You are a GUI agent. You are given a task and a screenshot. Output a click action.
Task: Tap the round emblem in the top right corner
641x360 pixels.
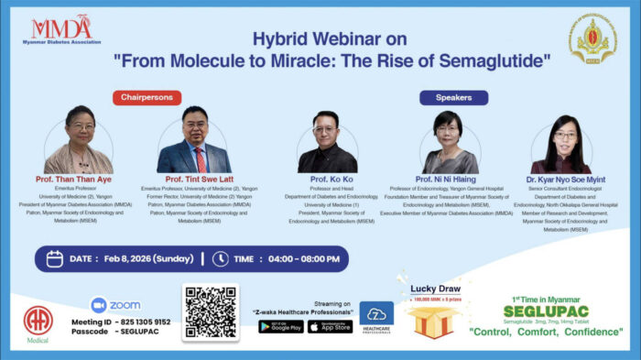tap(592, 39)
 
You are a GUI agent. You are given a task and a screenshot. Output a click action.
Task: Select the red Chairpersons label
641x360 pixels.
tap(147, 97)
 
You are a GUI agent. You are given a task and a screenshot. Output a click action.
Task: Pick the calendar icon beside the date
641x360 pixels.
tap(54, 258)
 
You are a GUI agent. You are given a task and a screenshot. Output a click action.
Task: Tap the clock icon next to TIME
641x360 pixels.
tap(220, 258)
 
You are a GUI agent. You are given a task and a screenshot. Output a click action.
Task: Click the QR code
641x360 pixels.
tap(211, 314)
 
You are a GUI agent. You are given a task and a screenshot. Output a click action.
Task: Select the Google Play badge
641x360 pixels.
tap(280, 327)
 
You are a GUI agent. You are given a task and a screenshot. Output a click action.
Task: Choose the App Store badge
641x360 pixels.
tap(330, 327)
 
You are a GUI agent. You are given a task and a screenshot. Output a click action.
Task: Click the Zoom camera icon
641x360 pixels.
tap(99, 305)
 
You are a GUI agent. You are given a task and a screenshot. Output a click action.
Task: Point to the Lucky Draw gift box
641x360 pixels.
tap(434, 321)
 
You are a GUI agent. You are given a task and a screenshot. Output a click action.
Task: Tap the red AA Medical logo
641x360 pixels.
tap(38, 320)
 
